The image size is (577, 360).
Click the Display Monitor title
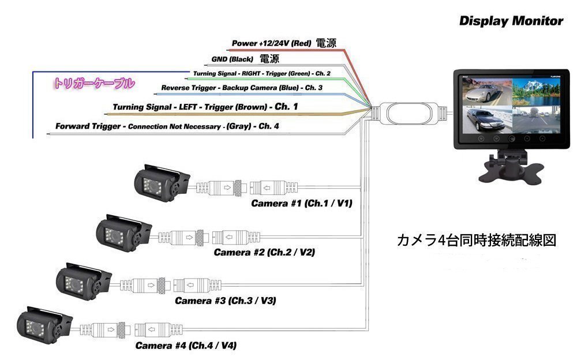click(x=511, y=21)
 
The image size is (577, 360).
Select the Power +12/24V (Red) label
click(x=271, y=43)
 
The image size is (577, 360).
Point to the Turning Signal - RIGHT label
click(x=262, y=74)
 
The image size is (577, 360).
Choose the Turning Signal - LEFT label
click(x=205, y=107)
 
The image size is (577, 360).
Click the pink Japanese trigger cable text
click(x=93, y=83)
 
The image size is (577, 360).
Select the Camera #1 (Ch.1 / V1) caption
click(x=301, y=204)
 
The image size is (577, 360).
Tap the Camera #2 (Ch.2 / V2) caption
click(x=264, y=252)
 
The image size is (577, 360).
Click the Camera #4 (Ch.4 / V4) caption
click(x=186, y=346)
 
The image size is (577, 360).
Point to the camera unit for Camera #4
click(x=43, y=327)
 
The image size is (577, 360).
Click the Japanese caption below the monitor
click(x=477, y=241)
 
